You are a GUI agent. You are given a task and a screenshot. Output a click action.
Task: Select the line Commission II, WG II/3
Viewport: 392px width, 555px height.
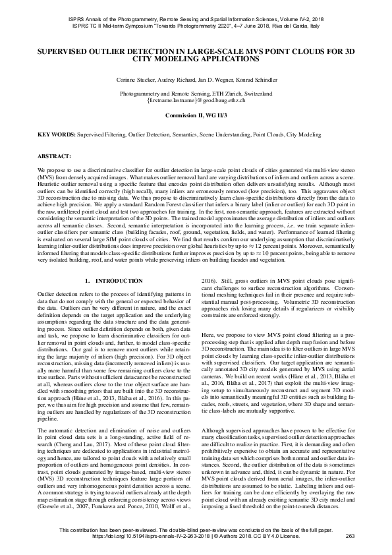point(196,115)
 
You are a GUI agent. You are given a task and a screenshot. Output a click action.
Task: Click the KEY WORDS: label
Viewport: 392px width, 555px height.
point(56,134)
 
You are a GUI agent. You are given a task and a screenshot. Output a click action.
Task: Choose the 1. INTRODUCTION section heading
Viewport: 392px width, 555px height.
point(114,281)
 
